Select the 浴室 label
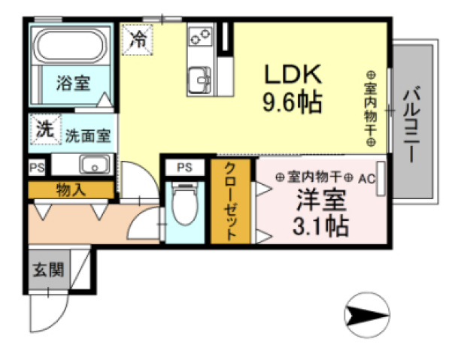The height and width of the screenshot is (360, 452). pyautogui.click(x=72, y=83)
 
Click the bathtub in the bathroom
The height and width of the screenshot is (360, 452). pyautogui.click(x=71, y=47)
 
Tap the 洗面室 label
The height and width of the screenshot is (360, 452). pyautogui.click(x=88, y=136)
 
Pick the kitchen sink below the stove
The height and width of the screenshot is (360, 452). pyautogui.click(x=201, y=77)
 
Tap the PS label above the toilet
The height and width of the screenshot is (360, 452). pyautogui.click(x=184, y=167)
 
